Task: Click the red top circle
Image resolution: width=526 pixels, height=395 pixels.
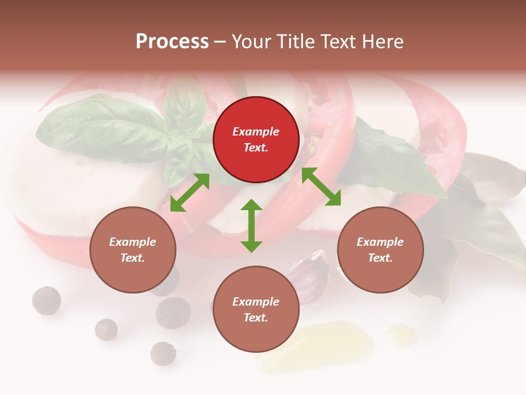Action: tap(256, 140)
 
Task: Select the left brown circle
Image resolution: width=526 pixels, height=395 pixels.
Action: tap(133, 250)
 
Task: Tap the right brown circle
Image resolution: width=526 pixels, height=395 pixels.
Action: tap(380, 250)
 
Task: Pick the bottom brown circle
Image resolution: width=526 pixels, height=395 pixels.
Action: tap(256, 309)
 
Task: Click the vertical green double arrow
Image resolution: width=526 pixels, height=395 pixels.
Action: tap(251, 225)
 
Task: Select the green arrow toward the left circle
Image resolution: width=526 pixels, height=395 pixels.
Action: tap(190, 193)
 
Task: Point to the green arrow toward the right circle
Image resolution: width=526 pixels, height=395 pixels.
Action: tap(321, 187)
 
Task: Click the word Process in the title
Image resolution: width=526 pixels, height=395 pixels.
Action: tap(172, 42)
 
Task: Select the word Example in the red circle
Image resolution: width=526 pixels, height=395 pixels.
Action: tap(256, 132)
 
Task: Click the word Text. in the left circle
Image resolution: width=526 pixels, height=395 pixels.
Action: tap(133, 258)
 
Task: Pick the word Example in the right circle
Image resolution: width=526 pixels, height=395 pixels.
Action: tap(380, 241)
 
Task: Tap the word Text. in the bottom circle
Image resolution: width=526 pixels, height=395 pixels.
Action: tap(256, 318)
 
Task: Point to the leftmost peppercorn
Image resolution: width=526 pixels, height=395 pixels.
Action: tap(47, 300)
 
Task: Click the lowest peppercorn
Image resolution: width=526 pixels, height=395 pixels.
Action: tap(163, 353)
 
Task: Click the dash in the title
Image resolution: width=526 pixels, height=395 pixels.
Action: tap(220, 42)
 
